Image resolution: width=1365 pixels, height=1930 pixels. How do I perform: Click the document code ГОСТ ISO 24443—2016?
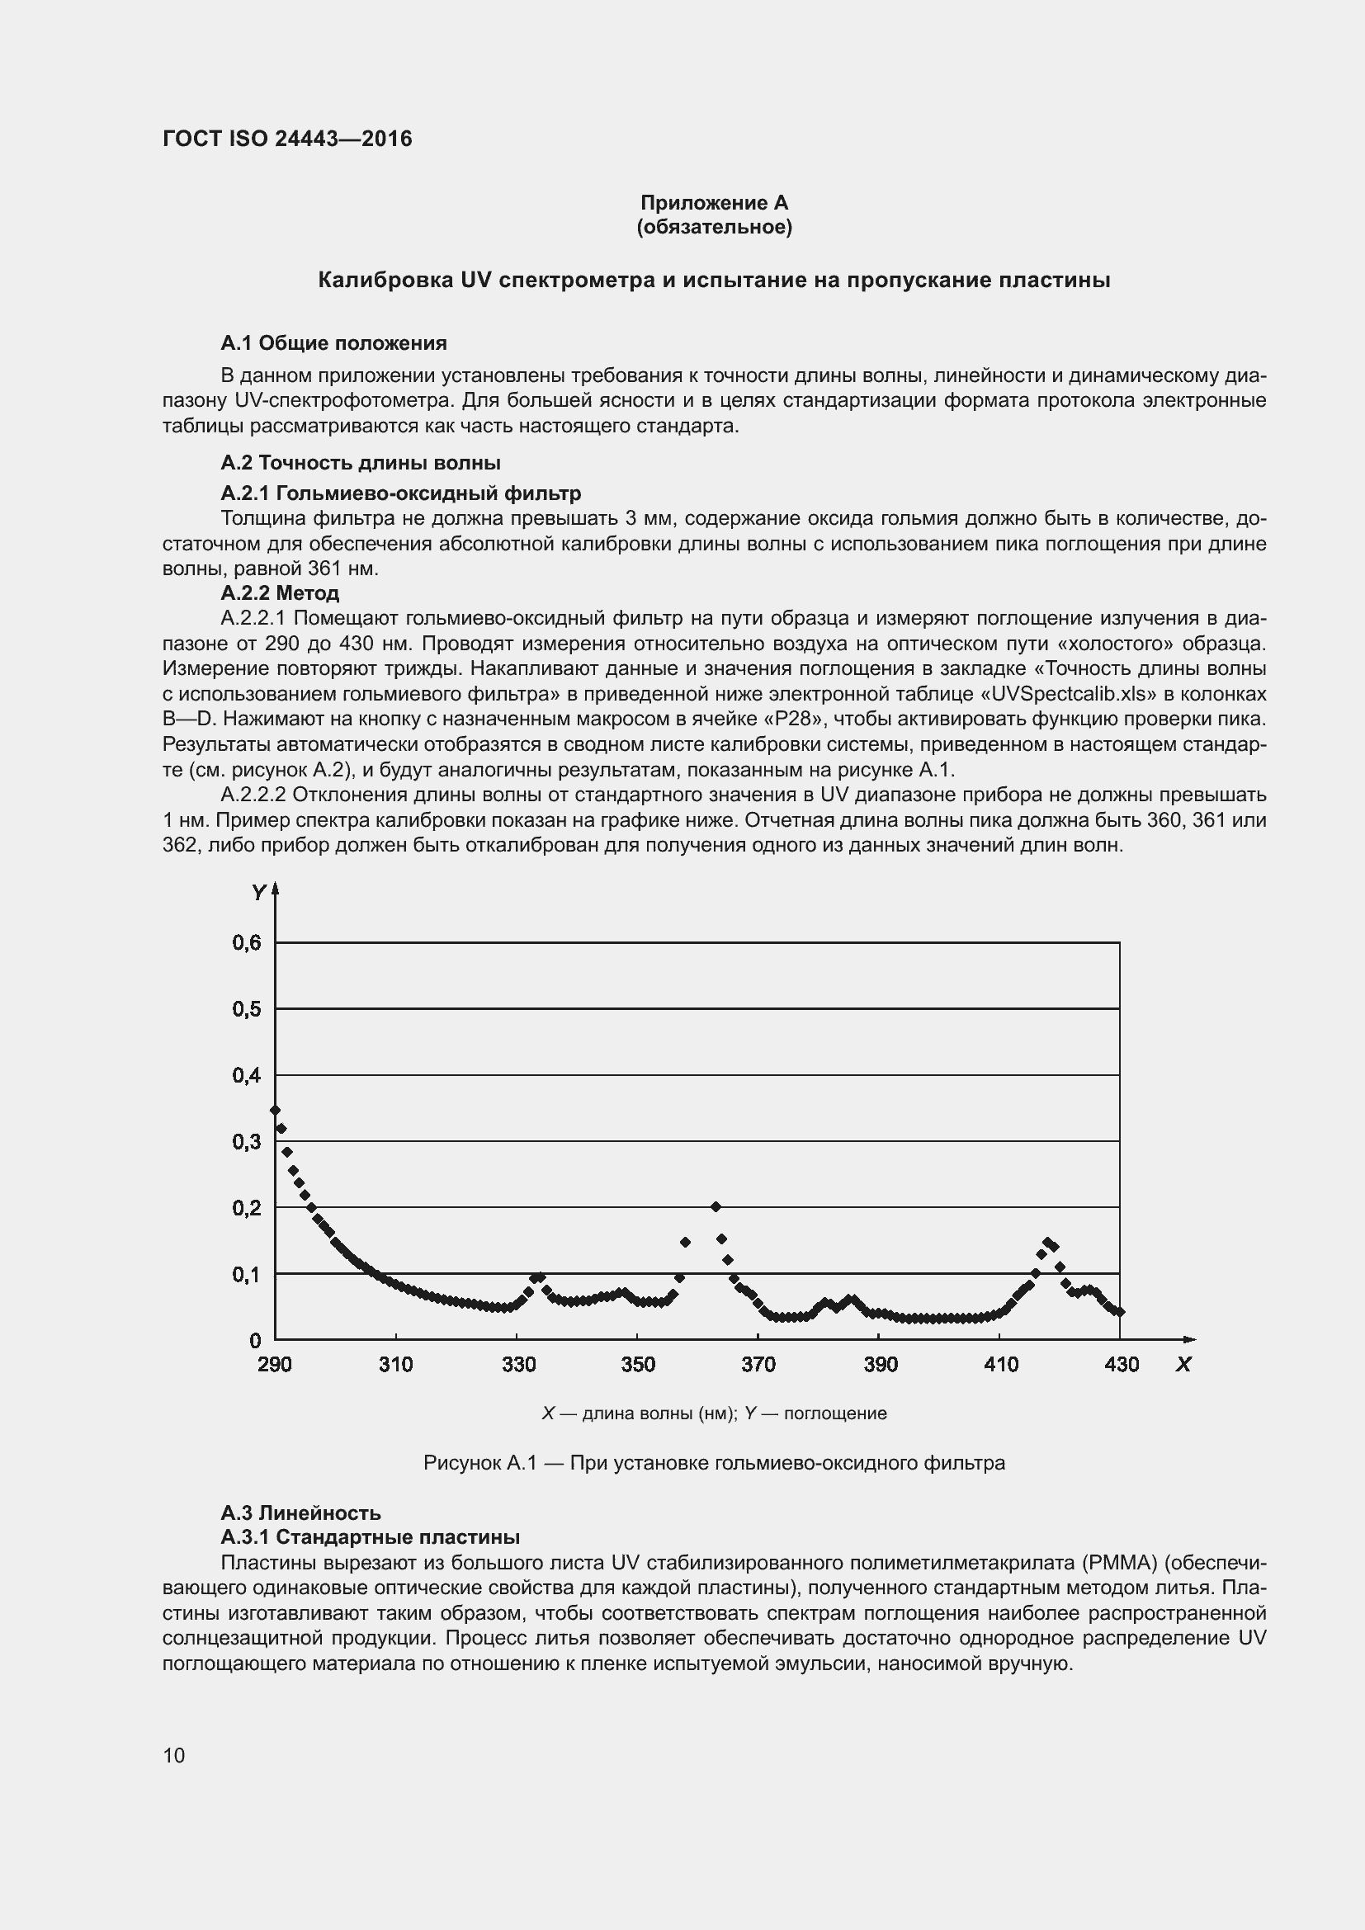tap(286, 139)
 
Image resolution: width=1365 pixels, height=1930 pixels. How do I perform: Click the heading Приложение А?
tap(714, 203)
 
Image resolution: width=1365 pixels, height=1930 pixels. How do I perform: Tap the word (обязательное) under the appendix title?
tap(714, 227)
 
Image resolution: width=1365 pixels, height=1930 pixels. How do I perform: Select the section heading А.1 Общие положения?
tap(333, 343)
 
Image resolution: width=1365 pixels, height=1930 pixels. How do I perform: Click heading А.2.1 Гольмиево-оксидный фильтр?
tap(401, 493)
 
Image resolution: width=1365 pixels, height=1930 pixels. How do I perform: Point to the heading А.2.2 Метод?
tap(280, 592)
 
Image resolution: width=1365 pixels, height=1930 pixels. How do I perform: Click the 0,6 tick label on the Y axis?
tap(247, 942)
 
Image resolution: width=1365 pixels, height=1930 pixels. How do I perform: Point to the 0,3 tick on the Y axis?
tap(247, 1141)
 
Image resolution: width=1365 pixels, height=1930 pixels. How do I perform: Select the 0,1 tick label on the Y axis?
tap(247, 1274)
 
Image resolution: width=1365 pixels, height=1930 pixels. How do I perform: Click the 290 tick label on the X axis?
tap(275, 1363)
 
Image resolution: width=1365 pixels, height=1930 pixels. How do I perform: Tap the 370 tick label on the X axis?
tap(758, 1363)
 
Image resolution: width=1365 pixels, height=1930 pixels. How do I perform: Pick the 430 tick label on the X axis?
tap(1122, 1363)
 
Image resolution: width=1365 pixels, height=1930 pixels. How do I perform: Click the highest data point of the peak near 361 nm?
tap(716, 1206)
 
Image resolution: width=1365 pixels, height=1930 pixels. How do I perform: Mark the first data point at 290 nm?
tap(275, 1110)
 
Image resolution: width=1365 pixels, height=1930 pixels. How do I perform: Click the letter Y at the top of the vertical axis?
tap(259, 893)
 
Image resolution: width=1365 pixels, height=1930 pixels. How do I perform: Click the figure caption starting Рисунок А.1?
tap(714, 1463)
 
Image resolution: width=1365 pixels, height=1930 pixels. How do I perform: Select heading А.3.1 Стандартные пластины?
tap(370, 1536)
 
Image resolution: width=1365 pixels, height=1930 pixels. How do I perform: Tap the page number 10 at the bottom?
tap(174, 1755)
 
